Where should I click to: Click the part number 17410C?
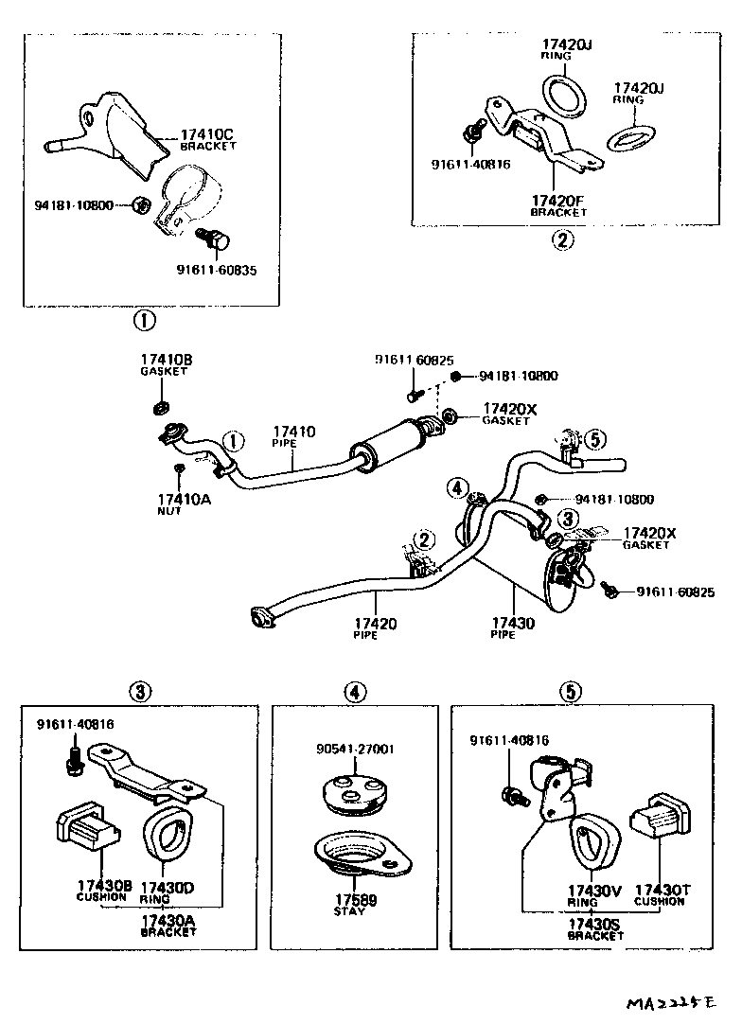click(x=207, y=135)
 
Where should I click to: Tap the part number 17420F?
click(x=557, y=201)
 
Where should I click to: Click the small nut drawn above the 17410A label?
click(x=178, y=468)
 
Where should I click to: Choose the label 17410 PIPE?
click(x=294, y=432)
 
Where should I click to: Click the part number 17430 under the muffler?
click(x=512, y=624)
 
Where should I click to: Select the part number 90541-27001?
click(x=355, y=749)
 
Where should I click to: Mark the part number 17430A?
click(x=168, y=920)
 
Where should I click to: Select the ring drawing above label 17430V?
click(x=592, y=840)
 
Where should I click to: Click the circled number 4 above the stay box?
click(x=354, y=693)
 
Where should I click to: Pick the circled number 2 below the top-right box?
click(x=562, y=239)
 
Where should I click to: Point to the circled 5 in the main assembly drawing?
click(x=593, y=439)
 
